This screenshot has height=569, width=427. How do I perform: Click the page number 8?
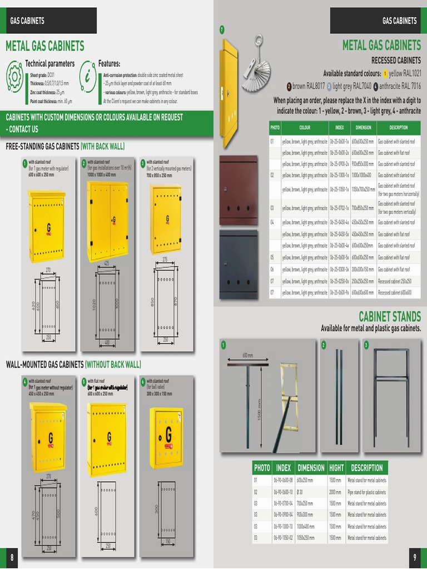tap(11, 557)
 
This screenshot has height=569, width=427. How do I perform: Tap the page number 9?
tap(415, 557)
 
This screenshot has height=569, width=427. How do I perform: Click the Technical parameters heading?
tap(49, 64)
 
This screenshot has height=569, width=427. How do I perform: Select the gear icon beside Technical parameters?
tap(14, 77)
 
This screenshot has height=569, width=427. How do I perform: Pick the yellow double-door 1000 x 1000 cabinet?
tap(107, 221)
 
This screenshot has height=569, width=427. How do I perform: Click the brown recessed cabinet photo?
tap(238, 190)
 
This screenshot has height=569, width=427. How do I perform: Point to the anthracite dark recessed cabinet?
tap(238, 264)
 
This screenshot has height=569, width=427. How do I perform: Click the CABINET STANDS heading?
tap(389, 317)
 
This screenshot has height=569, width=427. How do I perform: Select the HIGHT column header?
tap(336, 468)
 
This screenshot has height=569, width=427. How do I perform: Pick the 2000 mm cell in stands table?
tap(335, 492)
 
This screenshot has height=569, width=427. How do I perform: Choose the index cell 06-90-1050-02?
tap(283, 538)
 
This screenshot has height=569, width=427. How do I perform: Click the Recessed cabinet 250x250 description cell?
tap(398, 281)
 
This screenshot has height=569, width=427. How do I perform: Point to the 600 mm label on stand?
tap(248, 356)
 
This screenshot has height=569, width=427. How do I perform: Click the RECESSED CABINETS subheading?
tap(396, 60)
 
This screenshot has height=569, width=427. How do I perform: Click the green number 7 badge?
tap(221, 29)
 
